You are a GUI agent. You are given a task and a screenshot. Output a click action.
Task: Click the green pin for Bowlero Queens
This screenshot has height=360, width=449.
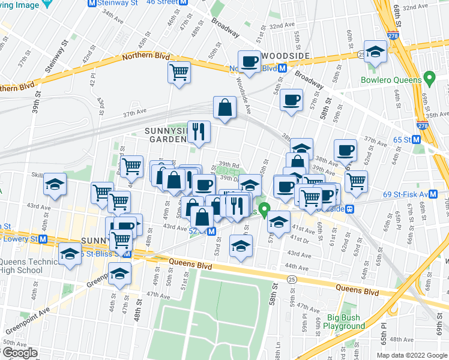tap(429, 77)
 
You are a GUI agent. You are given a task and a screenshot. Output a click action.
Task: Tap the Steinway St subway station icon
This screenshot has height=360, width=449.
tap(91, 3)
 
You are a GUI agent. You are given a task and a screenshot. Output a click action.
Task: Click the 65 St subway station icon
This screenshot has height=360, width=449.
tap(425, 140)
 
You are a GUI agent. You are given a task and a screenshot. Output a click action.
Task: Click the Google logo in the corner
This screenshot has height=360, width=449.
tap(19, 353)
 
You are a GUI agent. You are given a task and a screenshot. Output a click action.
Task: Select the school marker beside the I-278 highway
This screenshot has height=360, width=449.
tap(375, 52)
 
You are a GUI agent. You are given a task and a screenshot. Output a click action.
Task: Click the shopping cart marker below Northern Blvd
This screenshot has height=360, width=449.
tap(179, 73)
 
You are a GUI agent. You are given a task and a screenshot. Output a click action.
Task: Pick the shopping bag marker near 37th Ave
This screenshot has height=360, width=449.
tap(224, 108)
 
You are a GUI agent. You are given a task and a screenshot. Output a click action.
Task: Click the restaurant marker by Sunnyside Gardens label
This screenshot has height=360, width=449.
tap(199, 131)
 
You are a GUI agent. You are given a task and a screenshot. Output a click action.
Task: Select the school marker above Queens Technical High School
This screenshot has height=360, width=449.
tap(70, 253)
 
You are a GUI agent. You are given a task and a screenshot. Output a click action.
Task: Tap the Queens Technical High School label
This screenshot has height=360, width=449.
tap(29, 266)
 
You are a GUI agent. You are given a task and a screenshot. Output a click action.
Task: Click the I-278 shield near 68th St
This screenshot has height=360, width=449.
tap(393, 36)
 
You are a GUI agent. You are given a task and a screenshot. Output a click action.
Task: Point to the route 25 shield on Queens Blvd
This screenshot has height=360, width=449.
tap(291, 280)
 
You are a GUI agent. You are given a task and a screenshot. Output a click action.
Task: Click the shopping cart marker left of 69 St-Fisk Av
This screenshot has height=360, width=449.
tap(356, 181)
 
